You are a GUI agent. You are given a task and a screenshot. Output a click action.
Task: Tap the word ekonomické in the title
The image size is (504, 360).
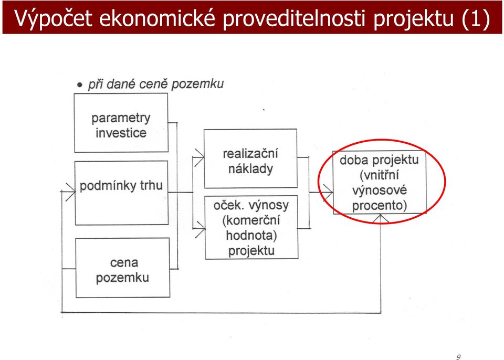157,18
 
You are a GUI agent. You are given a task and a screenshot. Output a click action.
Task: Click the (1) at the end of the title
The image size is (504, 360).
475,18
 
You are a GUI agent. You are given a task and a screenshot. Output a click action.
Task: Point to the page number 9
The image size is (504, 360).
458,357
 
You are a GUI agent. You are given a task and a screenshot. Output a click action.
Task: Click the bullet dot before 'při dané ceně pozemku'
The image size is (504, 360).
80,85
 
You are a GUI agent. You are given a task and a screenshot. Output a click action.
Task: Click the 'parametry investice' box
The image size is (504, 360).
121,122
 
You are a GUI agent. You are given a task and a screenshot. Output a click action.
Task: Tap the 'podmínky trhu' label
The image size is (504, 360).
121,185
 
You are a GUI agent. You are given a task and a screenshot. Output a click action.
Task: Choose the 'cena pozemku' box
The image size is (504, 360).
122,268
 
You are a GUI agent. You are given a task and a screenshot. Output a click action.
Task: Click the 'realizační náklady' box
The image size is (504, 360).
250,158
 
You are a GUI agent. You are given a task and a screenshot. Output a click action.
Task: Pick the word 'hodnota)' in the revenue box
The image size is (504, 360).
251,235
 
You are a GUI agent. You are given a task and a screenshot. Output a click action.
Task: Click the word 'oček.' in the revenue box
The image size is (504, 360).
226,205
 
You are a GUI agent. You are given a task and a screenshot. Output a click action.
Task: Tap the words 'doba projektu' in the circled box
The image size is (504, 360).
379,160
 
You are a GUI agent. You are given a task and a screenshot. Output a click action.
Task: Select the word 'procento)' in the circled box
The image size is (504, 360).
379,205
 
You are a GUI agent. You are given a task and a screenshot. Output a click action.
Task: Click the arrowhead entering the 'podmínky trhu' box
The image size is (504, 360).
70,192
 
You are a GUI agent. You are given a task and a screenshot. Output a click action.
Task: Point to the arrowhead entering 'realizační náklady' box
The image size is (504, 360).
199,157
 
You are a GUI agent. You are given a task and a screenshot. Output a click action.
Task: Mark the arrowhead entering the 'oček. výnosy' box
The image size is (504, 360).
200,228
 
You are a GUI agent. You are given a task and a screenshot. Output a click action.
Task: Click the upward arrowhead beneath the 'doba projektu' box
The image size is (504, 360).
380,218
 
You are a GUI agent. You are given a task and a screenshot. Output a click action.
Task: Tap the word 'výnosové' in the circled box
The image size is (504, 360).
379,190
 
